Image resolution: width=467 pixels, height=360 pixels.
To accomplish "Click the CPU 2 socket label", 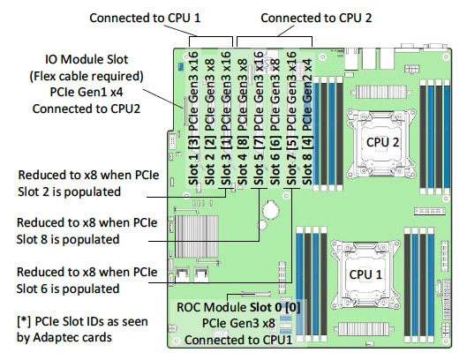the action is tap(382, 142).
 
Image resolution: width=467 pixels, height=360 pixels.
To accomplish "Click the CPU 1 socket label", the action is tap(365, 274).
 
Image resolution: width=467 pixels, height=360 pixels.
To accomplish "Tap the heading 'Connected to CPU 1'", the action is tap(145, 18).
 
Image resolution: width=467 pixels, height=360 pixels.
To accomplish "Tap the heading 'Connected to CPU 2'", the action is tap(316, 18).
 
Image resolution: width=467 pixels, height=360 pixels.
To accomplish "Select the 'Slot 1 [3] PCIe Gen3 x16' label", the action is tap(193, 118).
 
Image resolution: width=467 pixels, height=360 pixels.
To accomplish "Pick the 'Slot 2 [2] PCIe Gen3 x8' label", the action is tap(210, 122).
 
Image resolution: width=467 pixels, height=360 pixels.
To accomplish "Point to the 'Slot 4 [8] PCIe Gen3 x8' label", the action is tap(243, 122).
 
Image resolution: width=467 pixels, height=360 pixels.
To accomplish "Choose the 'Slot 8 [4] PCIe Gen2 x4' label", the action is tap(307, 122).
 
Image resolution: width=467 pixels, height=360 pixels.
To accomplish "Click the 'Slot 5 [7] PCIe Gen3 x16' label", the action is tap(259, 118).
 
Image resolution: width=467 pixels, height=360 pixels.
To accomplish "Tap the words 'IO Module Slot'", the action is tap(87, 59).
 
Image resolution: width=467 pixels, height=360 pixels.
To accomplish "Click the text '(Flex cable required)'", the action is tap(87, 76).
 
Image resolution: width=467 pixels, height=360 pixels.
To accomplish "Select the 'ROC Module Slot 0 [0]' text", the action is tap(238, 307).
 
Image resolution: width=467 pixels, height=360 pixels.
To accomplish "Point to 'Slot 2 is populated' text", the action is tap(69, 191).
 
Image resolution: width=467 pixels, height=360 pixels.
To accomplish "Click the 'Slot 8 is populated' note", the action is tap(68, 239).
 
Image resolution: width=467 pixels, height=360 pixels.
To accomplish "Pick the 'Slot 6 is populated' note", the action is tap(68, 289).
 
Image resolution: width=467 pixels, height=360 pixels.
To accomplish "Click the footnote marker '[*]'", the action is tap(23, 321).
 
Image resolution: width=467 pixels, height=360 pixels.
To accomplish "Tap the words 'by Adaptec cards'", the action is tap(64, 337).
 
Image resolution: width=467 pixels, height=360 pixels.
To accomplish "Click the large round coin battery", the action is tap(270, 210).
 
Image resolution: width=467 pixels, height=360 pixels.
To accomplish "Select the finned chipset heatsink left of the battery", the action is tap(197, 236).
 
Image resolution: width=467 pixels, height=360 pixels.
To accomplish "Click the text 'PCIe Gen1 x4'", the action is tap(87, 92).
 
